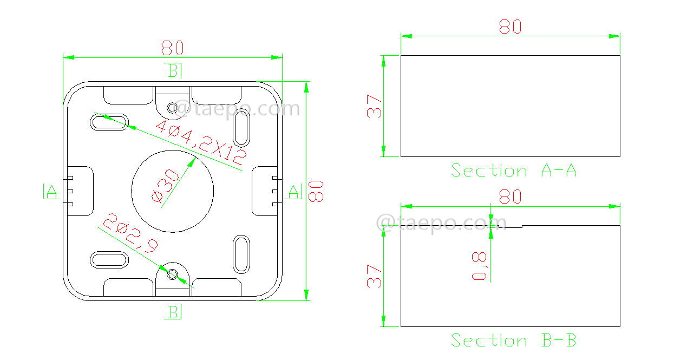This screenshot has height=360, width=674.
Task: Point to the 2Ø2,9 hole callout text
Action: [130, 233]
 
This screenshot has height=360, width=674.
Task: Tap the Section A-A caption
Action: [513, 171]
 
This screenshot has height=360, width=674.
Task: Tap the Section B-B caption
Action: [513, 341]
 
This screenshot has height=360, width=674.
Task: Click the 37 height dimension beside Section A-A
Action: [374, 106]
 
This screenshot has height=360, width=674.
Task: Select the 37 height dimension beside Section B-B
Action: [374, 276]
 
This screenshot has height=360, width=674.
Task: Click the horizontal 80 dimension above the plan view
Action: [173, 49]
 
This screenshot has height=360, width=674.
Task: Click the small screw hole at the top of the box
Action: [172, 108]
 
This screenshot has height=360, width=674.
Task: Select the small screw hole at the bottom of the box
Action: [172, 274]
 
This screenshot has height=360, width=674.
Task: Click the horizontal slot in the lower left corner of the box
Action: [109, 260]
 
